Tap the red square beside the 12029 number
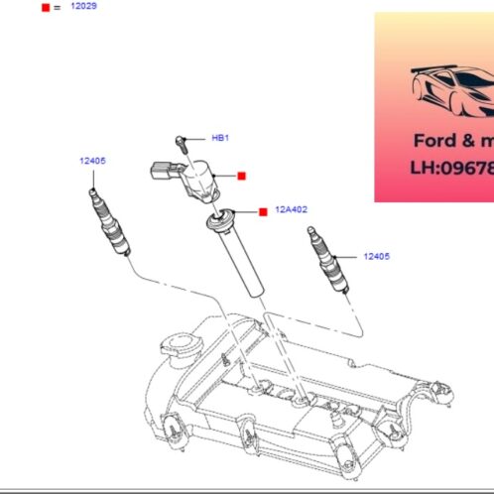[x=45, y=7]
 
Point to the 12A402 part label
[x=293, y=209]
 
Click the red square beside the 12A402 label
[x=263, y=211]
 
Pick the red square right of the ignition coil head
[x=241, y=176]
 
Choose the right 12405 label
[x=376, y=256]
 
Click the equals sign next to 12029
[x=58, y=7]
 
